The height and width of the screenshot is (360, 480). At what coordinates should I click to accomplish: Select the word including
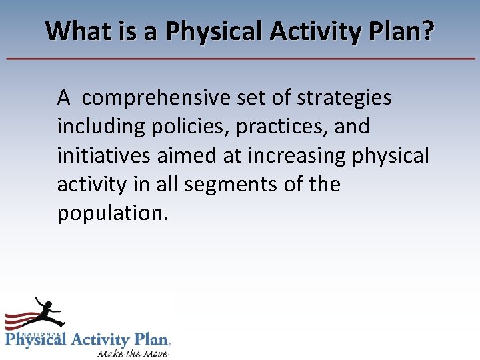(x=100, y=127)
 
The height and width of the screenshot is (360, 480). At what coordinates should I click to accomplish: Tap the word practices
(x=277, y=127)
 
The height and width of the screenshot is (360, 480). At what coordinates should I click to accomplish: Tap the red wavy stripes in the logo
(x=20, y=321)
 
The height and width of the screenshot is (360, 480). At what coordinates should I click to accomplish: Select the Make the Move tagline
(x=132, y=352)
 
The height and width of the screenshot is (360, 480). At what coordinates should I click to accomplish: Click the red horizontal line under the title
(x=240, y=59)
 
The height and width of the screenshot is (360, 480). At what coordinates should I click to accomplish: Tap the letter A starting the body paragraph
(x=64, y=98)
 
